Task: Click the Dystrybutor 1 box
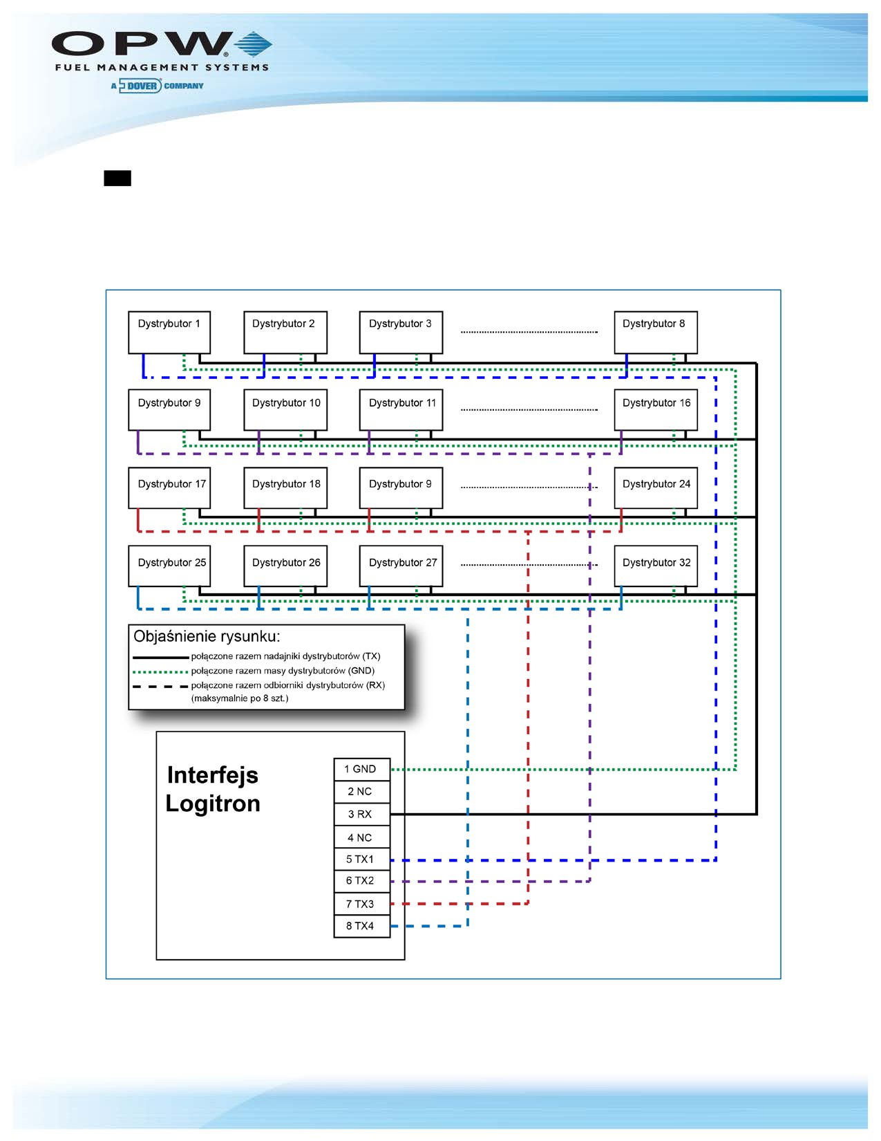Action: pyautogui.click(x=169, y=333)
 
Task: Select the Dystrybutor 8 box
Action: pyautogui.click(x=655, y=333)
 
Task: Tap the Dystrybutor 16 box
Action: pyautogui.click(x=655, y=410)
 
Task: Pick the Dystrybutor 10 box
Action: pyautogui.click(x=285, y=410)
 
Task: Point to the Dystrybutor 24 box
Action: pyautogui.click(x=655, y=488)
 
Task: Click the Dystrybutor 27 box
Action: pyautogui.click(x=401, y=566)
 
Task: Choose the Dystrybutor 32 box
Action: pyautogui.click(x=655, y=566)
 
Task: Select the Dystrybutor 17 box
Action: pyautogui.click(x=169, y=488)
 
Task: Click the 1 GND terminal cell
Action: pyautogui.click(x=362, y=769)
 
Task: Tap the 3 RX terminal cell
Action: pyautogui.click(x=362, y=815)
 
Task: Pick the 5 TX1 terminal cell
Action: pyautogui.click(x=362, y=860)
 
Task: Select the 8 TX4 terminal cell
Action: pyautogui.click(x=362, y=926)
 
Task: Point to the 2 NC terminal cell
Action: pyautogui.click(x=362, y=792)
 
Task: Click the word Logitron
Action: pyautogui.click(x=213, y=804)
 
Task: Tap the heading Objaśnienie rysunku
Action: pyautogui.click(x=207, y=637)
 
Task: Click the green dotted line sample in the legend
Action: pyautogui.click(x=160, y=671)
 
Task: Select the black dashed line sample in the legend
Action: pyautogui.click(x=160, y=686)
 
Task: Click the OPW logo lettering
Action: pyautogui.click(x=142, y=44)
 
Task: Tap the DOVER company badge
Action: pyautogui.click(x=158, y=86)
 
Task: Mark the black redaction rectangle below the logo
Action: pyautogui.click(x=117, y=178)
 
